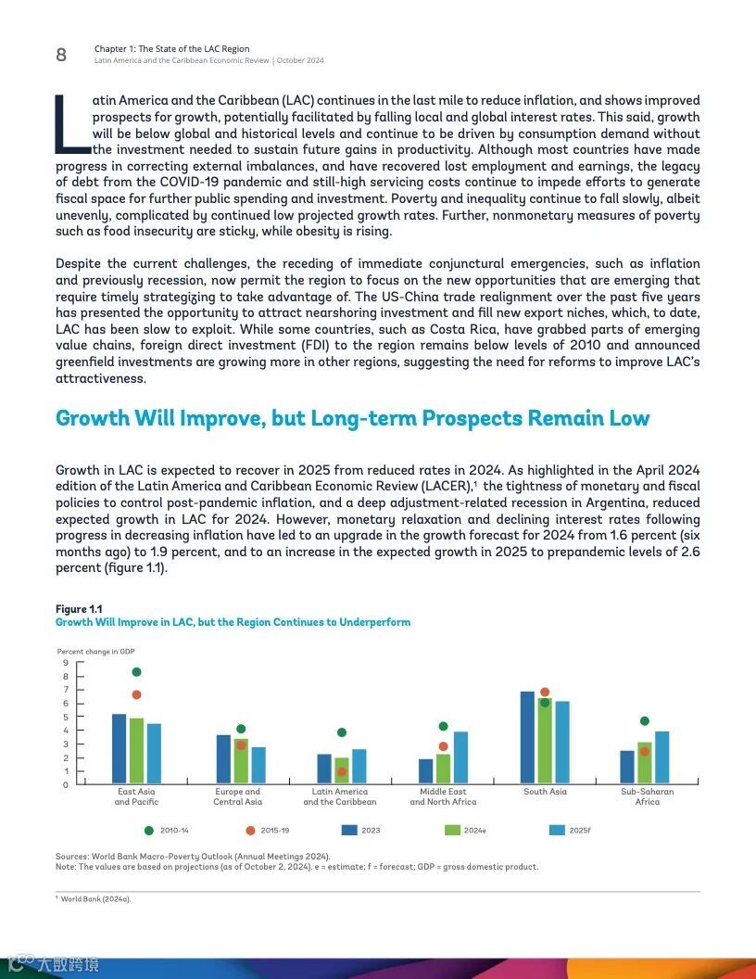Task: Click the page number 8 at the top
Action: pos(61,55)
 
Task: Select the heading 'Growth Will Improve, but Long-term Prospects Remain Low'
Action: pos(352,418)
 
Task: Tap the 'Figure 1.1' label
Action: pos(79,609)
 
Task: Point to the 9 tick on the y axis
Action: pos(66,663)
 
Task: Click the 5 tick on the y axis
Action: pos(66,717)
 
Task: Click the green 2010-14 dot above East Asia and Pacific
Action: pos(136,672)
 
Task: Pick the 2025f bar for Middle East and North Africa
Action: pos(460,757)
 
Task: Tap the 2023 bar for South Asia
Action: pos(527,738)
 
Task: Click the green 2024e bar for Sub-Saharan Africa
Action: pos(645,763)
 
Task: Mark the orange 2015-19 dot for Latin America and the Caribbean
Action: pos(342,771)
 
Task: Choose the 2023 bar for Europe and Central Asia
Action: pos(223,759)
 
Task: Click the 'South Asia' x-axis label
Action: pos(545,792)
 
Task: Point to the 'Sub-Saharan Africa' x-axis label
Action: pos(647,796)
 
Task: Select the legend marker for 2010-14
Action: pos(148,830)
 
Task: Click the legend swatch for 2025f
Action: pos(557,830)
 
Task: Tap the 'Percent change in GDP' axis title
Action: pos(96,652)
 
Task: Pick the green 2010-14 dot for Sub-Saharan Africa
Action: pos(645,721)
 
